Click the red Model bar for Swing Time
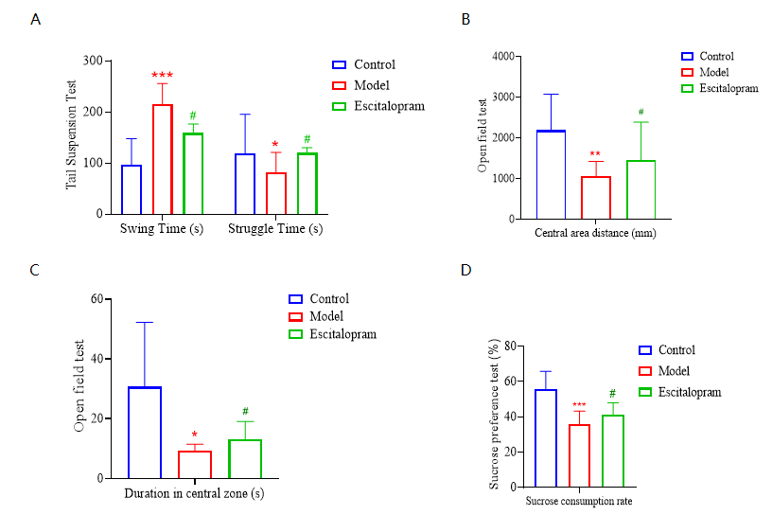pyautogui.click(x=162, y=159)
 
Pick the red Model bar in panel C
pyautogui.click(x=195, y=464)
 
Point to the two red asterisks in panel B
pyautogui.click(x=596, y=154)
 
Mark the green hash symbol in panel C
pyautogui.click(x=245, y=412)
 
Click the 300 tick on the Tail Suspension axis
pyautogui.click(x=92, y=61)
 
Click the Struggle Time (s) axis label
pyautogui.click(x=274, y=229)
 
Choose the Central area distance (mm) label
pyautogui.click(x=596, y=233)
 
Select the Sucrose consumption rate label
pyautogui.click(x=580, y=502)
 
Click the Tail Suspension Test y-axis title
pyautogui.click(x=71, y=137)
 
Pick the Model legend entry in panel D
pyautogui.click(x=673, y=371)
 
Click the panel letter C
pyautogui.click(x=35, y=271)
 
